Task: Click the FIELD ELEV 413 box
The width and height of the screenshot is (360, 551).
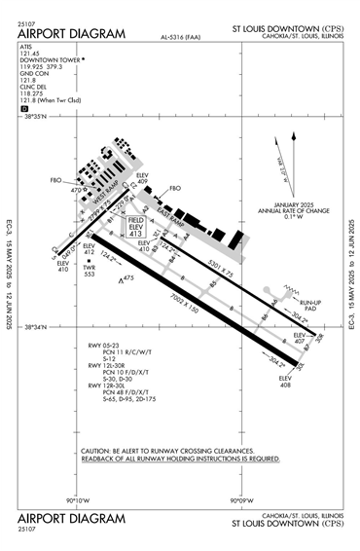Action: pyautogui.click(x=135, y=228)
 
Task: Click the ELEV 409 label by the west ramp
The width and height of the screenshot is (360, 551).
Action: pyautogui.click(x=143, y=177)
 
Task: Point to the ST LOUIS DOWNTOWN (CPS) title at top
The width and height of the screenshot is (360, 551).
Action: pyautogui.click(x=287, y=30)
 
